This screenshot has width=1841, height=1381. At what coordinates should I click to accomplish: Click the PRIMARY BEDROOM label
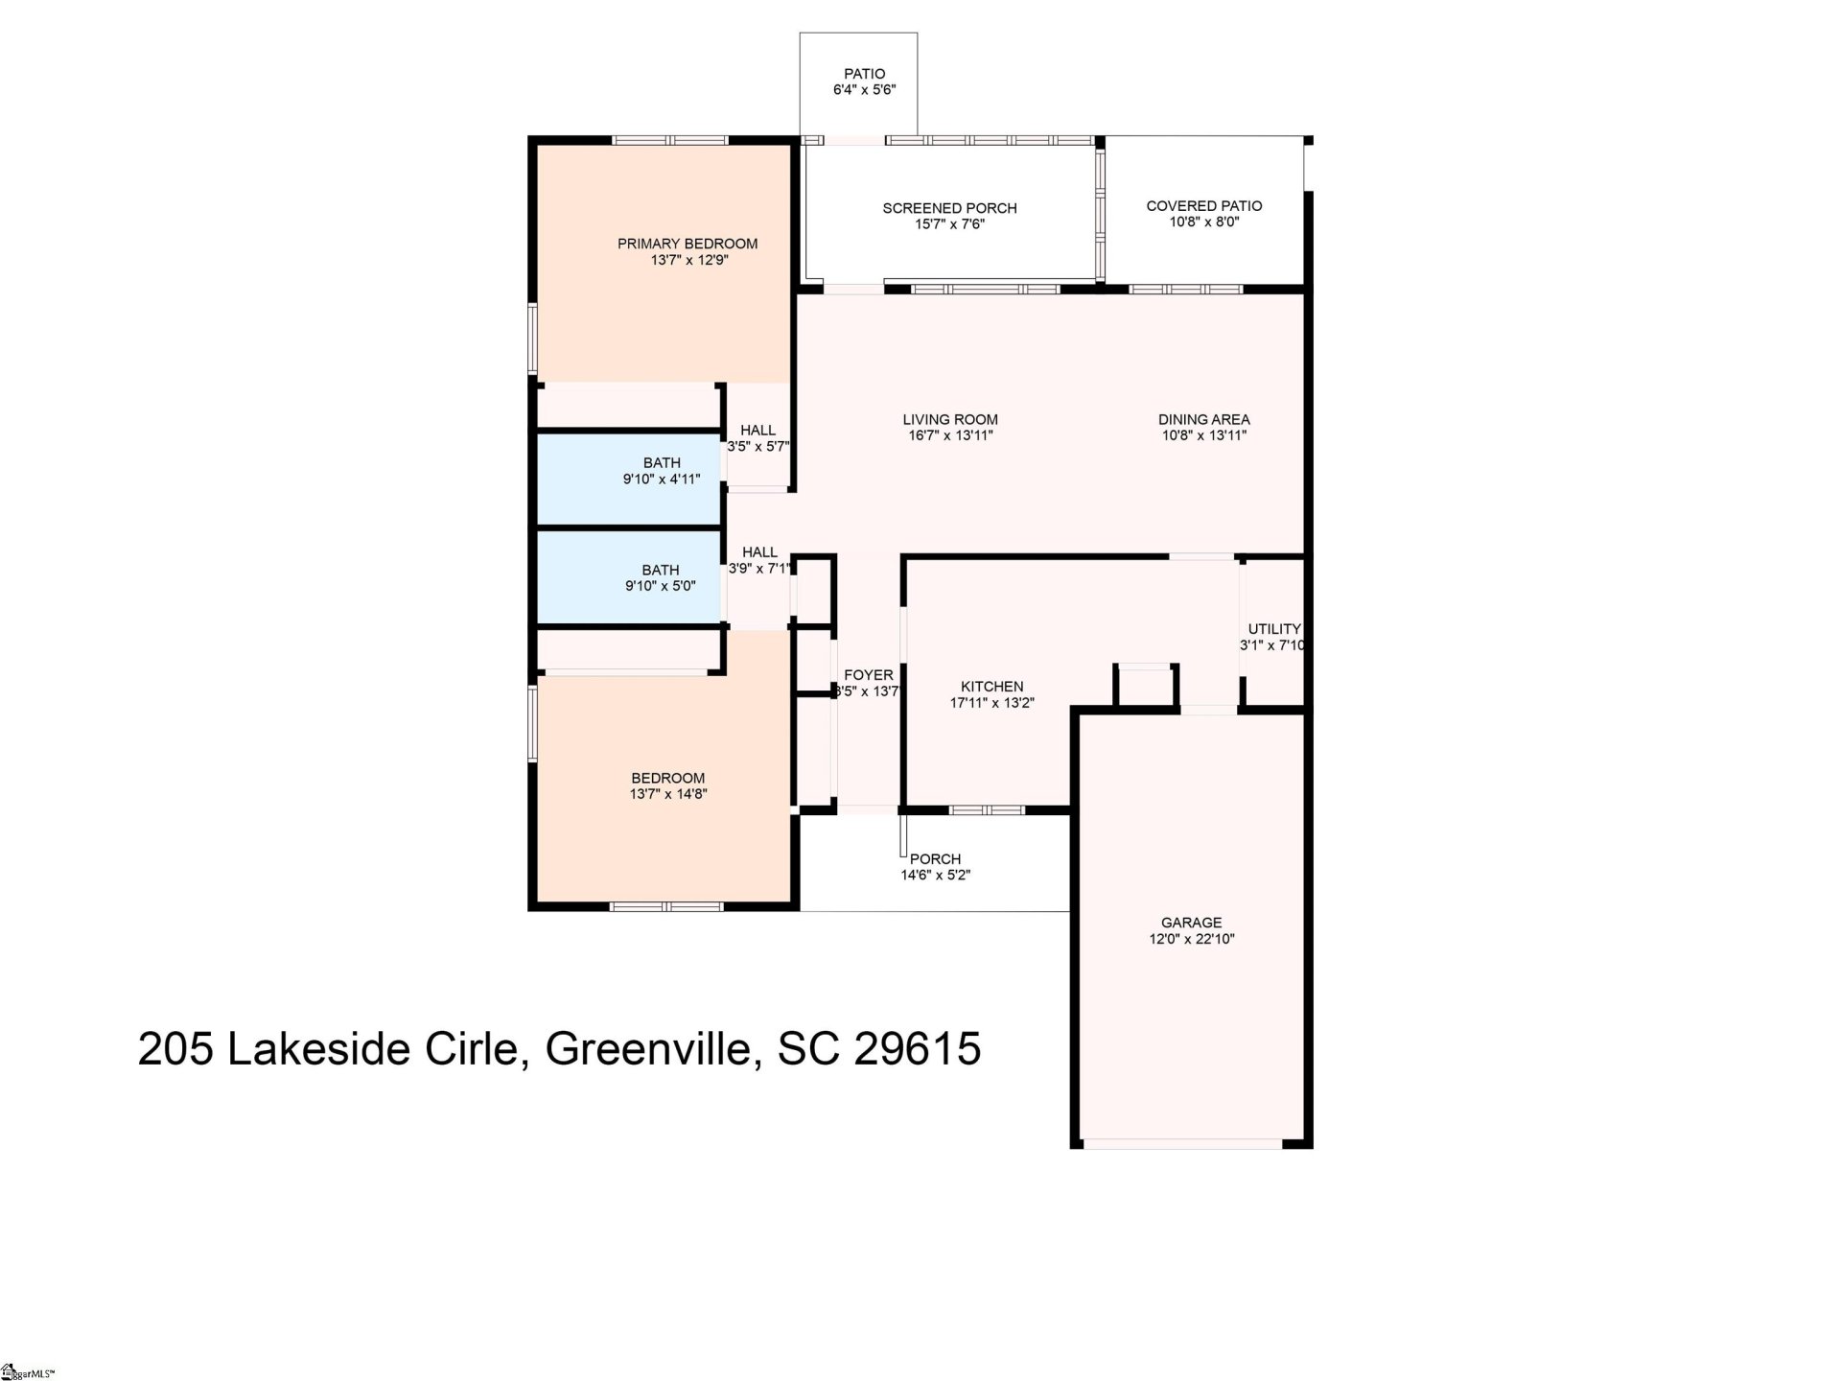point(687,244)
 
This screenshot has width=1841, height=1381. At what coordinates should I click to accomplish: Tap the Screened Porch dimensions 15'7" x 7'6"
point(949,224)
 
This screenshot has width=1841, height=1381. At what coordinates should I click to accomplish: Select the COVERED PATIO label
point(1203,205)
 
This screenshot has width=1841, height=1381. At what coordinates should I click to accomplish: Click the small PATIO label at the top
point(864,74)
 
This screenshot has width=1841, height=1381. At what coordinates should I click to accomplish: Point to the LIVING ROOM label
point(949,419)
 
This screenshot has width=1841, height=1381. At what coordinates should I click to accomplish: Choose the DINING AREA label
point(1203,419)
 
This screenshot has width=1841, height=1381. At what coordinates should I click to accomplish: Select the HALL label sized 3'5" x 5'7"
point(757,431)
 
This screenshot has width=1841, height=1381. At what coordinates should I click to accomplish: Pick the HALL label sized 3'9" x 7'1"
point(759,552)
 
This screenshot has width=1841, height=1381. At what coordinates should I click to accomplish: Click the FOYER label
point(868,675)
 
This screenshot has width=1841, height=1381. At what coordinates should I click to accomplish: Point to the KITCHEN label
point(991,687)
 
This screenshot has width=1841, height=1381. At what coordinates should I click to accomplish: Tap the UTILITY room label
point(1273,629)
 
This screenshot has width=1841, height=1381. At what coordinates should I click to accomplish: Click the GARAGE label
point(1191,923)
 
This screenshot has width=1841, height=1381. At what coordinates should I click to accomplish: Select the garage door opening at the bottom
point(1181,1142)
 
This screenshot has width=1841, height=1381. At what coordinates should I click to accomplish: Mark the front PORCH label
point(935,859)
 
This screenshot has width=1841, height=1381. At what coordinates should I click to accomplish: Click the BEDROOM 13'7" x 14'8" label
point(667,779)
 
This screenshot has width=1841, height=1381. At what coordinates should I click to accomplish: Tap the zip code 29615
point(917,1048)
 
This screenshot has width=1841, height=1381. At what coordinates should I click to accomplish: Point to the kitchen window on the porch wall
point(987,809)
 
